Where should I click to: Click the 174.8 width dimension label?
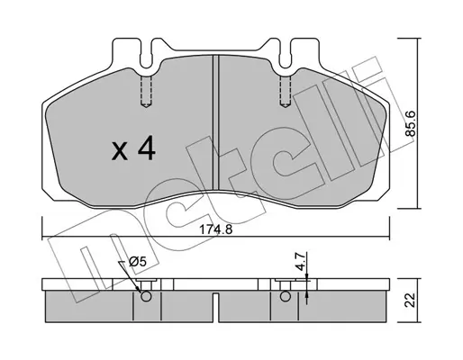point(216,230)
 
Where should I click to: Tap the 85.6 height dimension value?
point(410,123)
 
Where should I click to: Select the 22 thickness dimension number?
point(410,300)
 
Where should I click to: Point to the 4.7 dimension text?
point(301,261)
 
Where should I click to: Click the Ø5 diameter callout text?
point(137,262)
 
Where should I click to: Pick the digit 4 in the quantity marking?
point(146,148)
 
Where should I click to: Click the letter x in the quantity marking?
point(120,152)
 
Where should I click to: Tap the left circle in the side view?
point(146,297)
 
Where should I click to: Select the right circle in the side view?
point(285,297)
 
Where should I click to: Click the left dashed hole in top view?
point(146,91)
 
